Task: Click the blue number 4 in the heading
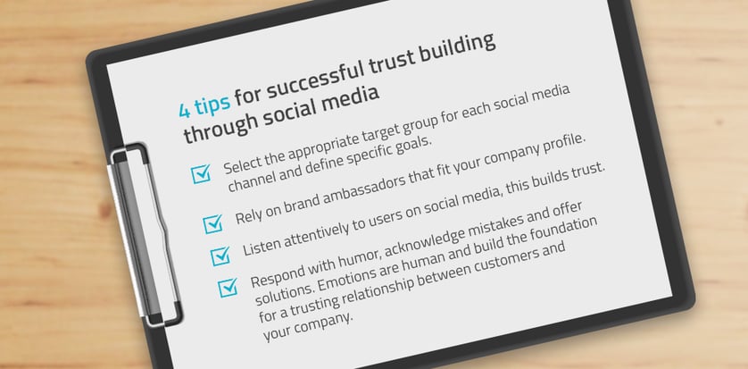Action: [x=185, y=110]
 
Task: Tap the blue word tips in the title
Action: [x=212, y=103]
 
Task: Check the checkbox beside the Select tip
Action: [x=201, y=173]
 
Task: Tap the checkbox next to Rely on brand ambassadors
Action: [x=212, y=223]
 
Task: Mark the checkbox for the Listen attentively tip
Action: [x=220, y=256]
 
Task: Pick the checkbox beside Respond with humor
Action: [x=228, y=288]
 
